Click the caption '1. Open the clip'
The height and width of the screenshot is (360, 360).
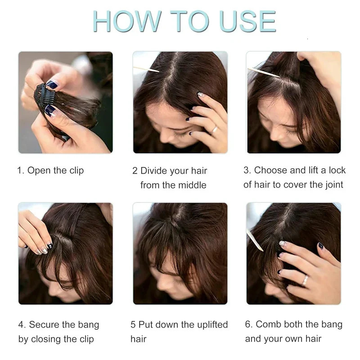pyautogui.click(x=50, y=171)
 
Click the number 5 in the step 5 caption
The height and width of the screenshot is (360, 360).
pyautogui.click(x=133, y=324)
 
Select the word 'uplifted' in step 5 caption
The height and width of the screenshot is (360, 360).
pyautogui.click(x=211, y=324)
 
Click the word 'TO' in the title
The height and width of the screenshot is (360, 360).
pyautogui.click(x=188, y=21)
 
